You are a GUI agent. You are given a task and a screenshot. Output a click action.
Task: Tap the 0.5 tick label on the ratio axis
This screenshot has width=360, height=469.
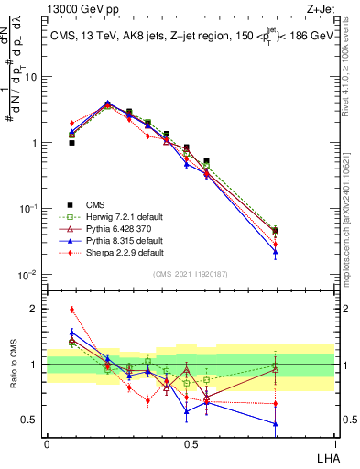coord(32,420)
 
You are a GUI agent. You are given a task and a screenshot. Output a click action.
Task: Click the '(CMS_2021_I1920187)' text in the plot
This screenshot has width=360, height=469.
coord(190,273)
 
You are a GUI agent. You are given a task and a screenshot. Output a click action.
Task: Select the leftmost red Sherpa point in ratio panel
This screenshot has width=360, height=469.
coord(72,310)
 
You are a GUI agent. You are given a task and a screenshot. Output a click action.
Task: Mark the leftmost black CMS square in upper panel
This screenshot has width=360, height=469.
coord(72,143)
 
